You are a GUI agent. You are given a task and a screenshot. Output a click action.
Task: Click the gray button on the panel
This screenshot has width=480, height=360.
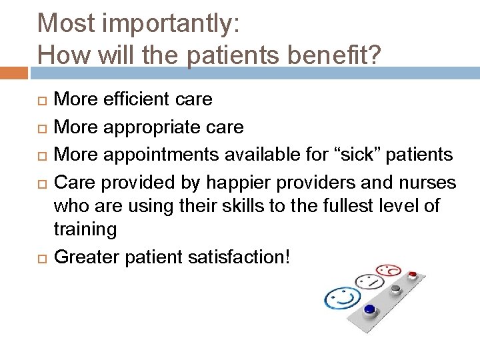[x=396, y=288]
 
